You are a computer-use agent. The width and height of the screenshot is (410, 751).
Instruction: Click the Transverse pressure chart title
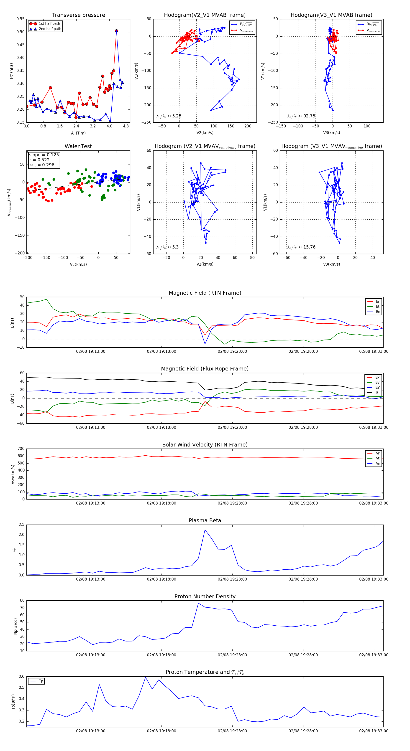point(78,15)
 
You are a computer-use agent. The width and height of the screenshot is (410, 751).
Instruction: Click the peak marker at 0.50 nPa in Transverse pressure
point(116,31)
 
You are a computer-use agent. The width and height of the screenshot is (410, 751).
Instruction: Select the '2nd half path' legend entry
point(50,29)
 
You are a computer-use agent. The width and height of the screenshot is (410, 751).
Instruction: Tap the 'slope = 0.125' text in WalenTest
point(44,155)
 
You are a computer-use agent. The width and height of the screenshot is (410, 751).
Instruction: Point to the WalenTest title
point(78,146)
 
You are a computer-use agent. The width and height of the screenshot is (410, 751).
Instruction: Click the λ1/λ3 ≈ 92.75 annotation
point(301,116)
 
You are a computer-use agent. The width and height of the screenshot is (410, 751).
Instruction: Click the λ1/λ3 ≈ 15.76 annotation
point(301,247)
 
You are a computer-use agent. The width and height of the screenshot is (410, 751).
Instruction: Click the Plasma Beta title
point(205,521)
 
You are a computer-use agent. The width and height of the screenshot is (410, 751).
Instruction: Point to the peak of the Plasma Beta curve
point(205,530)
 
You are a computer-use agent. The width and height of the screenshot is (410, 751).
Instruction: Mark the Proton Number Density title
point(205,596)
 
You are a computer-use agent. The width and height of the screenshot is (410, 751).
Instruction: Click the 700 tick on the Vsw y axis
point(21,449)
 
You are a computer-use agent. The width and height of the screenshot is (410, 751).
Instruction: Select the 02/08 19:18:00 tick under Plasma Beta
point(161,579)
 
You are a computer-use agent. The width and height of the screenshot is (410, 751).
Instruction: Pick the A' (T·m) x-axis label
point(78,133)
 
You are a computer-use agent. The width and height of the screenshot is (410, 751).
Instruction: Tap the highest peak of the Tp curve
point(146,677)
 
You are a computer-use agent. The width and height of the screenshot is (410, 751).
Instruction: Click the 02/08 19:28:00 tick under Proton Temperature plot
point(303,731)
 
